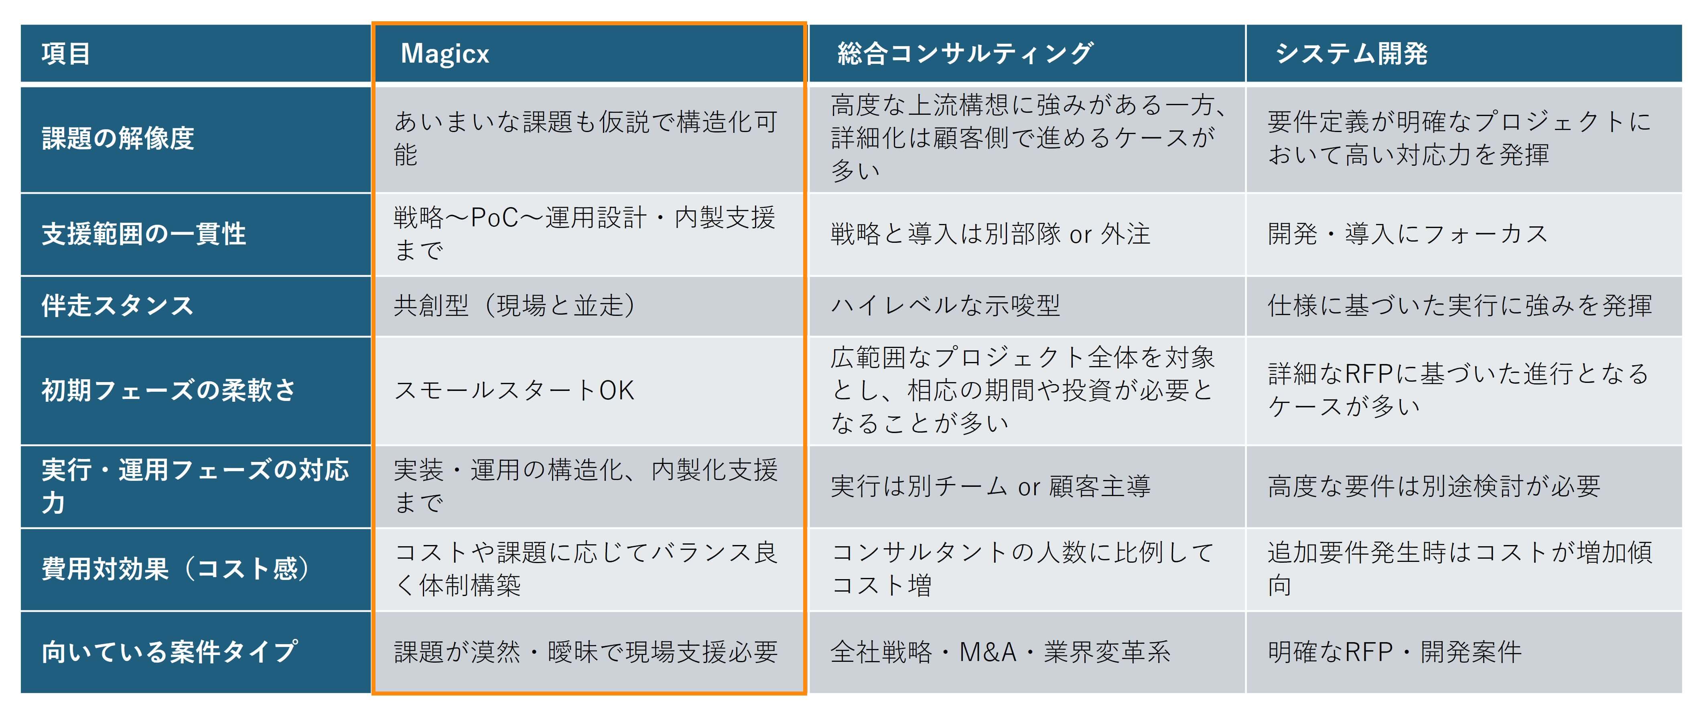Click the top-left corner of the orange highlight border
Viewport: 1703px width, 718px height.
click(x=373, y=23)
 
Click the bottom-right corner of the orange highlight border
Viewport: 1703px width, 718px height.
click(x=806, y=694)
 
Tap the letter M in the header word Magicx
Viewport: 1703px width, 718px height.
click(x=412, y=53)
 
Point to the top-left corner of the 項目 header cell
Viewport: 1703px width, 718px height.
click(x=21, y=25)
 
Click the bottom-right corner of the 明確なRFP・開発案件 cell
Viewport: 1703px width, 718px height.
click(x=1681, y=693)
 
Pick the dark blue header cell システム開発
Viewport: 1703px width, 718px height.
click(x=1463, y=53)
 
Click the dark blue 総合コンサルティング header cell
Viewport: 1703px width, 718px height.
click(x=1027, y=53)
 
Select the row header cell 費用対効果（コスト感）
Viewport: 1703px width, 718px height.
click(x=196, y=569)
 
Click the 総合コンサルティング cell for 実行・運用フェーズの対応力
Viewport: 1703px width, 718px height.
click(x=1027, y=486)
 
